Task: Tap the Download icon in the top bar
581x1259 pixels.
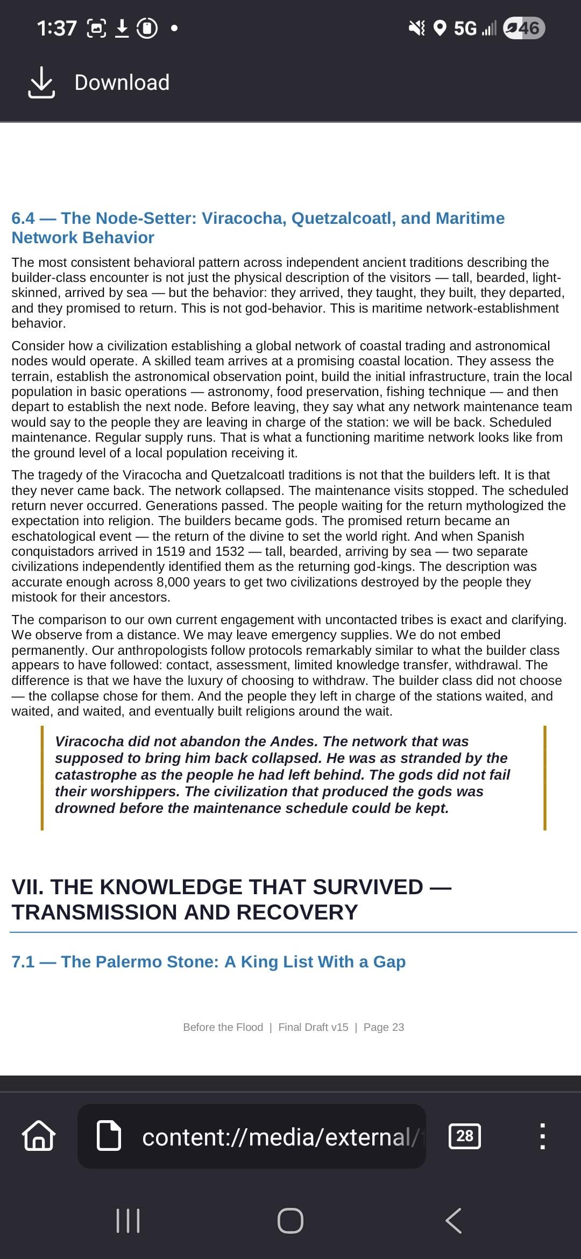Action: coord(41,83)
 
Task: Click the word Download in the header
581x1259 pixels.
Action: coord(122,83)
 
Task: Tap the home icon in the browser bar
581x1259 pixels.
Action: coord(38,1136)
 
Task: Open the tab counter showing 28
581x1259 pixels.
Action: coord(465,1136)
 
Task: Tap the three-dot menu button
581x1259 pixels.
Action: coord(542,1136)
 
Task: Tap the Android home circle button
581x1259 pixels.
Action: coord(290,1220)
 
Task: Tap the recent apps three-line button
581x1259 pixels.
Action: coord(128,1220)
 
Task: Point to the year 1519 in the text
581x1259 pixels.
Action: coord(171,551)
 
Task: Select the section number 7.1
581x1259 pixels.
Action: coord(23,961)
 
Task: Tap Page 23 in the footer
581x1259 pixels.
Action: coord(384,1027)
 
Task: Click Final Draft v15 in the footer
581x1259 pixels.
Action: coord(313,1027)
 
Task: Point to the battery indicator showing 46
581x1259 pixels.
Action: coord(524,27)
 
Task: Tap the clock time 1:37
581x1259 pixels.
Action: coord(56,27)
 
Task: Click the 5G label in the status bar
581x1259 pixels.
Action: coord(465,27)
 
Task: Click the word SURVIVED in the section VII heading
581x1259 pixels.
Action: coord(368,887)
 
